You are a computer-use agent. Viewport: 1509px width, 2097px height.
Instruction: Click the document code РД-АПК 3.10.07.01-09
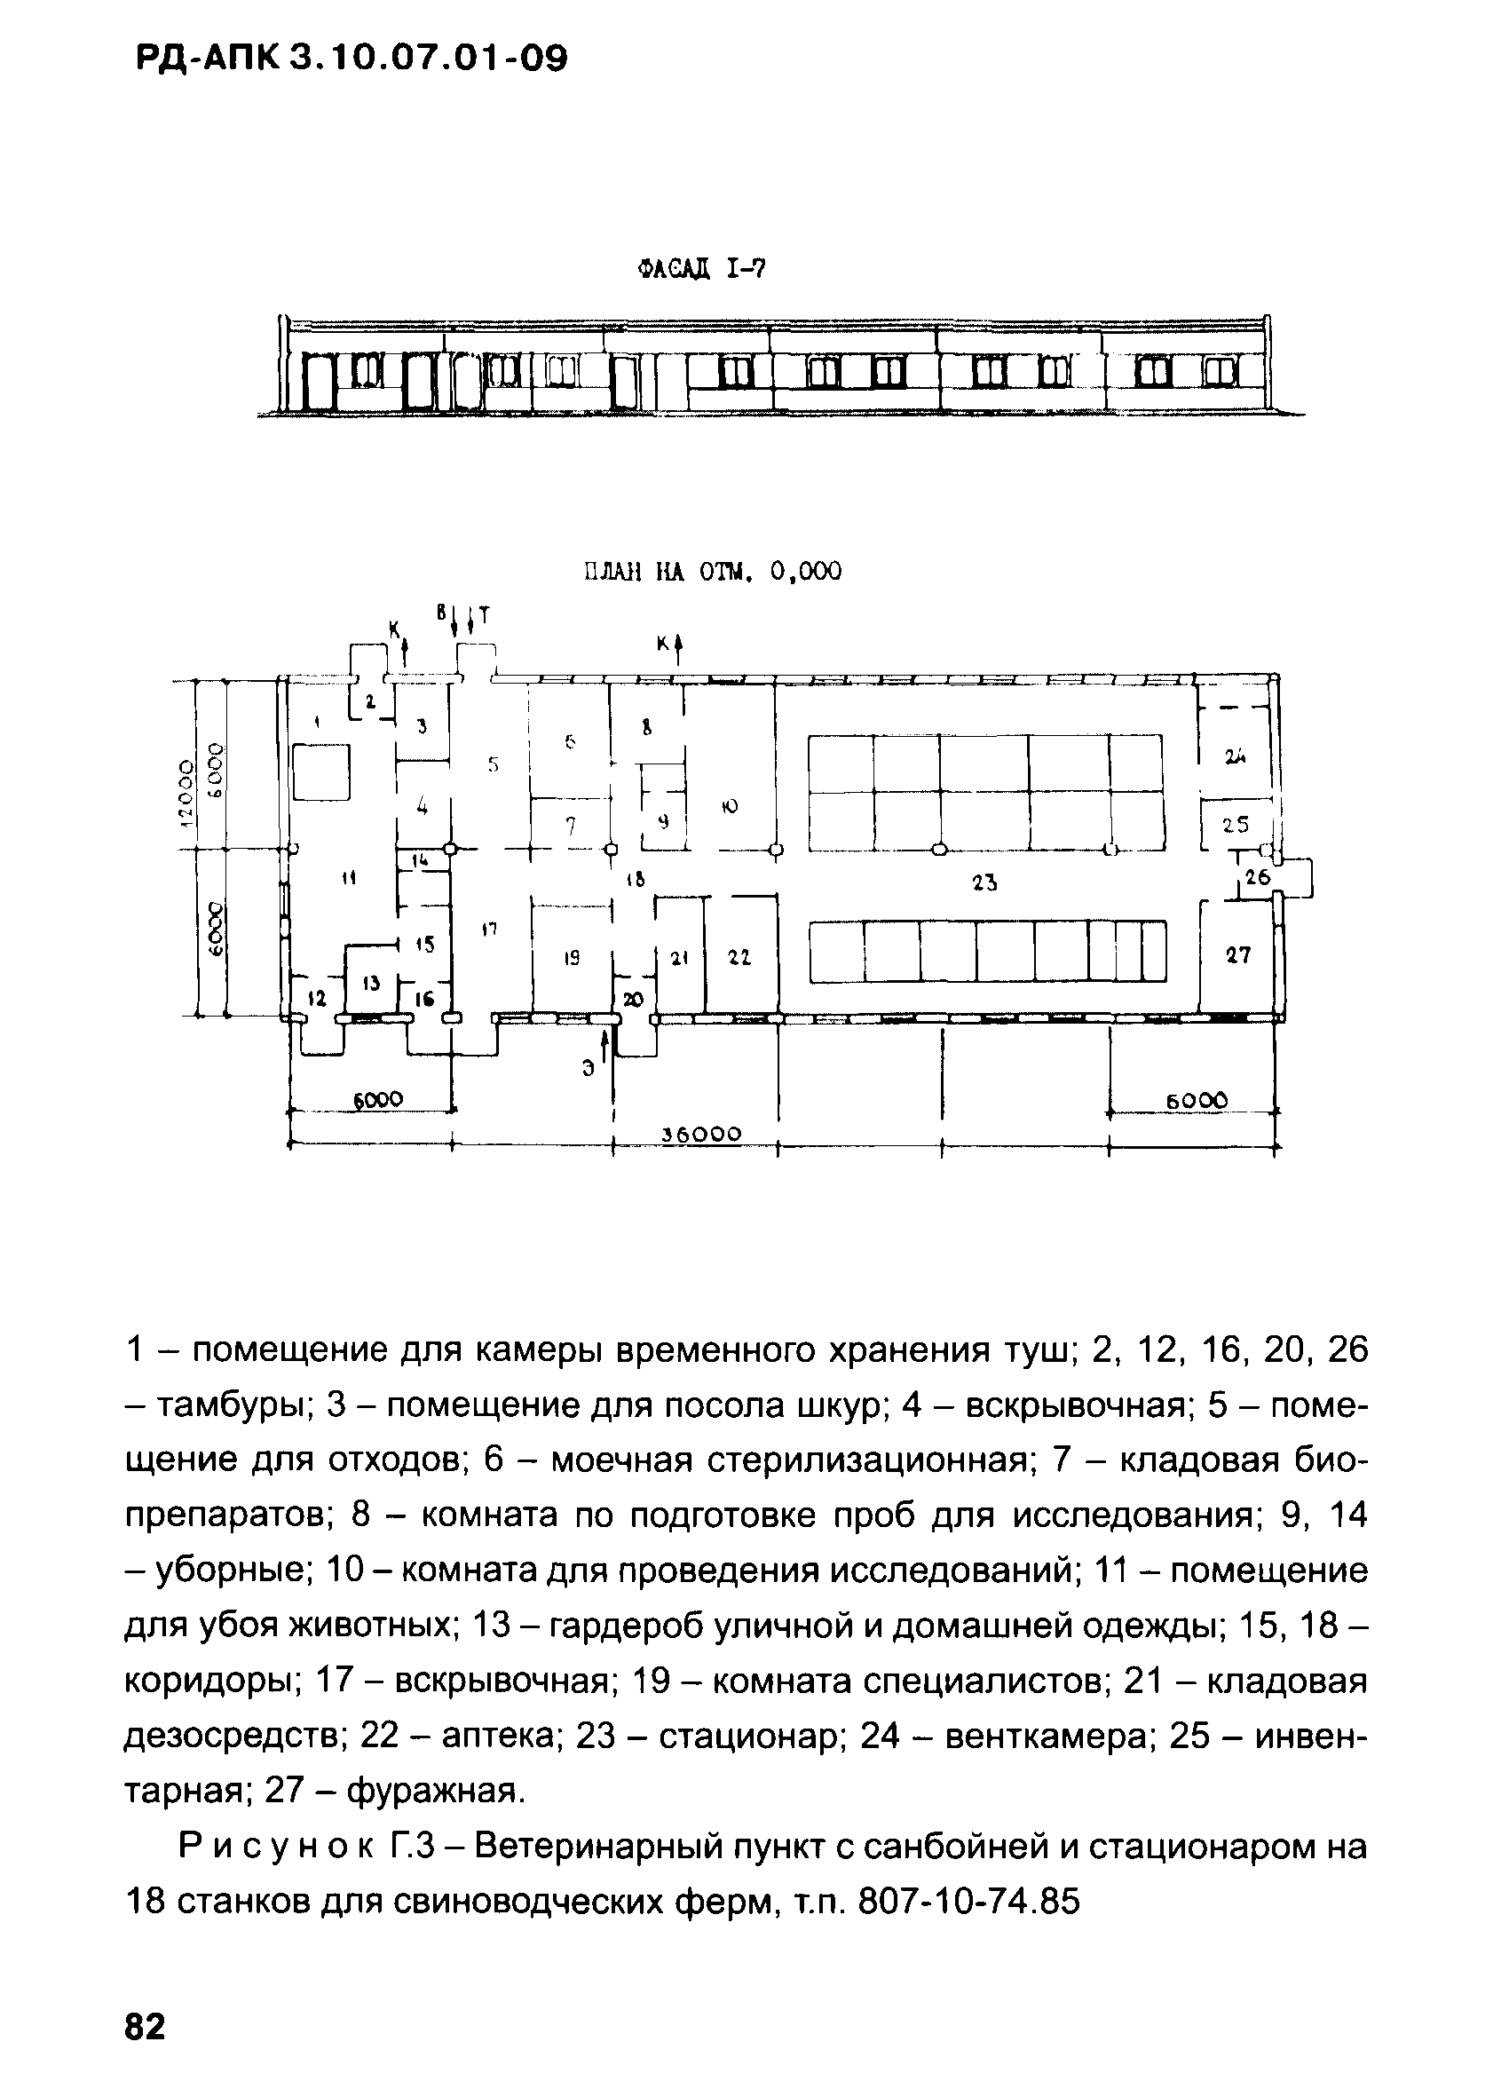click(x=352, y=59)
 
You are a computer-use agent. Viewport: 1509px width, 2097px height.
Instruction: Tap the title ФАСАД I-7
click(x=702, y=269)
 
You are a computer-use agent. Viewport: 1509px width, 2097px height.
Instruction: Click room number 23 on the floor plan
click(x=984, y=883)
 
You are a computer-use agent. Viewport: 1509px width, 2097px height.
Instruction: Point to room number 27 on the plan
click(x=1238, y=955)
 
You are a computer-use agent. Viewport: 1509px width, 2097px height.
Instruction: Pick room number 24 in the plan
click(x=1236, y=757)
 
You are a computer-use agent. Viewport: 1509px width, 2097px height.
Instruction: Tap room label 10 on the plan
click(x=730, y=806)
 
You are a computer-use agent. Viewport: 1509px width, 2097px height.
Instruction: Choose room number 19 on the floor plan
click(x=572, y=960)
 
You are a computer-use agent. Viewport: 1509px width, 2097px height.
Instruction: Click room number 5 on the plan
click(x=494, y=764)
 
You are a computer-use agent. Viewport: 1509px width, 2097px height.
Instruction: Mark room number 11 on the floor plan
click(x=348, y=879)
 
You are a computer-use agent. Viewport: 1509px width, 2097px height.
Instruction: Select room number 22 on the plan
click(x=739, y=960)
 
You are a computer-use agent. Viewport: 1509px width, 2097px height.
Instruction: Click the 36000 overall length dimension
click(x=703, y=1135)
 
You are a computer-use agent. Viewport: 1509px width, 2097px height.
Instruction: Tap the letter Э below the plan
click(x=588, y=1069)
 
